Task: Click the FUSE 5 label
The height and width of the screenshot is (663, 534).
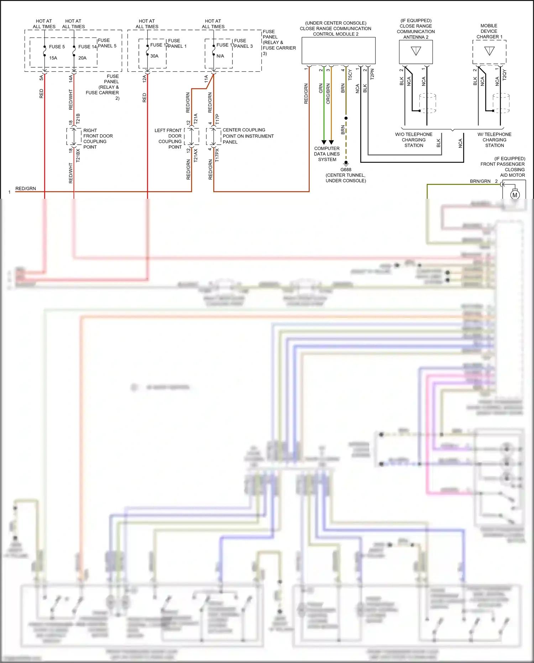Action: click(57, 47)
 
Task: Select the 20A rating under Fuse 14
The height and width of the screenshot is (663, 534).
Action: click(82, 58)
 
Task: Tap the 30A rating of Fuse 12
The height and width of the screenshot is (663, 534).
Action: click(154, 56)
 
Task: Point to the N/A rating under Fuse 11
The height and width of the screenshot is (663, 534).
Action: click(220, 56)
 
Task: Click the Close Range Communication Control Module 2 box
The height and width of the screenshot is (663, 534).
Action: click(338, 51)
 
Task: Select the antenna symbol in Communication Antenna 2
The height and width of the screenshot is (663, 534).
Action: click(416, 51)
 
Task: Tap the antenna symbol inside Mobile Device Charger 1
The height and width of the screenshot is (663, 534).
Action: click(489, 51)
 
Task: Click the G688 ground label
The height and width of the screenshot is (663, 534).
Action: click(345, 170)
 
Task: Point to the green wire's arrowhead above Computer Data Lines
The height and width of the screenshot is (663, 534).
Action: click(324, 142)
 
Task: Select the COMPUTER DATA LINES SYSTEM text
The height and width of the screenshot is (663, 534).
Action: click(327, 154)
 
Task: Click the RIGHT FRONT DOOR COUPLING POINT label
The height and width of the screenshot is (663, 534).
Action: click(98, 139)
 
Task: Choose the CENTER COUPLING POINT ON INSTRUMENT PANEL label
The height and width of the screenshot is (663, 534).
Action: click(248, 136)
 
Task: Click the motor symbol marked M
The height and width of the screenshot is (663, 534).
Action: click(515, 195)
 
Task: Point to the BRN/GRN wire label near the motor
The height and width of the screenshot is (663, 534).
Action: click(480, 181)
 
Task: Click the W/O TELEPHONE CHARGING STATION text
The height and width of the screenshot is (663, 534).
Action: click(414, 140)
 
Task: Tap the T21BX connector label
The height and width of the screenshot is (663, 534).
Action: click(78, 156)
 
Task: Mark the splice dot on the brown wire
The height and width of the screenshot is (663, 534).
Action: click(346, 118)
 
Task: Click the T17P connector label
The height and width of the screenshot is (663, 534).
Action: click(218, 119)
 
